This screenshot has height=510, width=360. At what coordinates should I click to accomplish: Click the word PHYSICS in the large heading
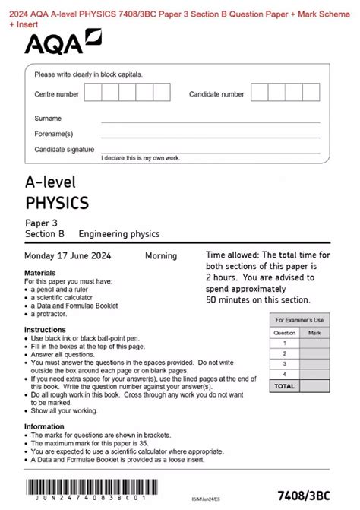click(57, 203)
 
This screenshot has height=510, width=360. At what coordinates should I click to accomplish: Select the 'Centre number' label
click(56, 95)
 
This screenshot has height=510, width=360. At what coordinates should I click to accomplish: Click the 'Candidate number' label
click(216, 95)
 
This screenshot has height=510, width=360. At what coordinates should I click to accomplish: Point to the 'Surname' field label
click(48, 119)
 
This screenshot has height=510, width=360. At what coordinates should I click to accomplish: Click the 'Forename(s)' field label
click(53, 135)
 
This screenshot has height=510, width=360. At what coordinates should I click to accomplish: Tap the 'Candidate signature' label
click(65, 150)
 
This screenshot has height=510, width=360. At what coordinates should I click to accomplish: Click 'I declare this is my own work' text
click(141, 157)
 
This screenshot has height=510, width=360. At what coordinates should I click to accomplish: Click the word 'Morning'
click(161, 256)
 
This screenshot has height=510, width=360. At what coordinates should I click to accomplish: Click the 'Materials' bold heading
click(39, 272)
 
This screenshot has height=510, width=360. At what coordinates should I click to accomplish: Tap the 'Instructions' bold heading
click(45, 330)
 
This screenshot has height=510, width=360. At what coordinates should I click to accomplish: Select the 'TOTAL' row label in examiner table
click(284, 386)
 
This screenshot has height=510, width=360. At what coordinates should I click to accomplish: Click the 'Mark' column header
click(314, 332)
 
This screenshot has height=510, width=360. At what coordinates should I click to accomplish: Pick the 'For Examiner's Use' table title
click(299, 320)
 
